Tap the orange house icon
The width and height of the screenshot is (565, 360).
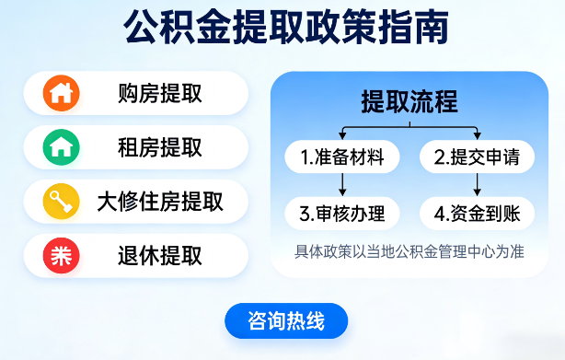[x=62, y=93]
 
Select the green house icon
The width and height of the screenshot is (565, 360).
[x=62, y=146]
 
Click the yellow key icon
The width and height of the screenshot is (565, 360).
[x=62, y=201]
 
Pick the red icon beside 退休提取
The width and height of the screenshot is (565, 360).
[x=62, y=255]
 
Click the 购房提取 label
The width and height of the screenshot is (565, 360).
[x=160, y=93]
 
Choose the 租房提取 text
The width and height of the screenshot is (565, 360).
[x=160, y=146]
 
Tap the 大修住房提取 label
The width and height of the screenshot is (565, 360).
[x=160, y=201]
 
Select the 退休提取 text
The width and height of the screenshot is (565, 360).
[x=160, y=255]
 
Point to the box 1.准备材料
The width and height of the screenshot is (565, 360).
[x=342, y=157]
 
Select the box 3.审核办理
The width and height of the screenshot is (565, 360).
[x=342, y=215]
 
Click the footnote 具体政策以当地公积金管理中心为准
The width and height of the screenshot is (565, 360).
[x=409, y=250]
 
